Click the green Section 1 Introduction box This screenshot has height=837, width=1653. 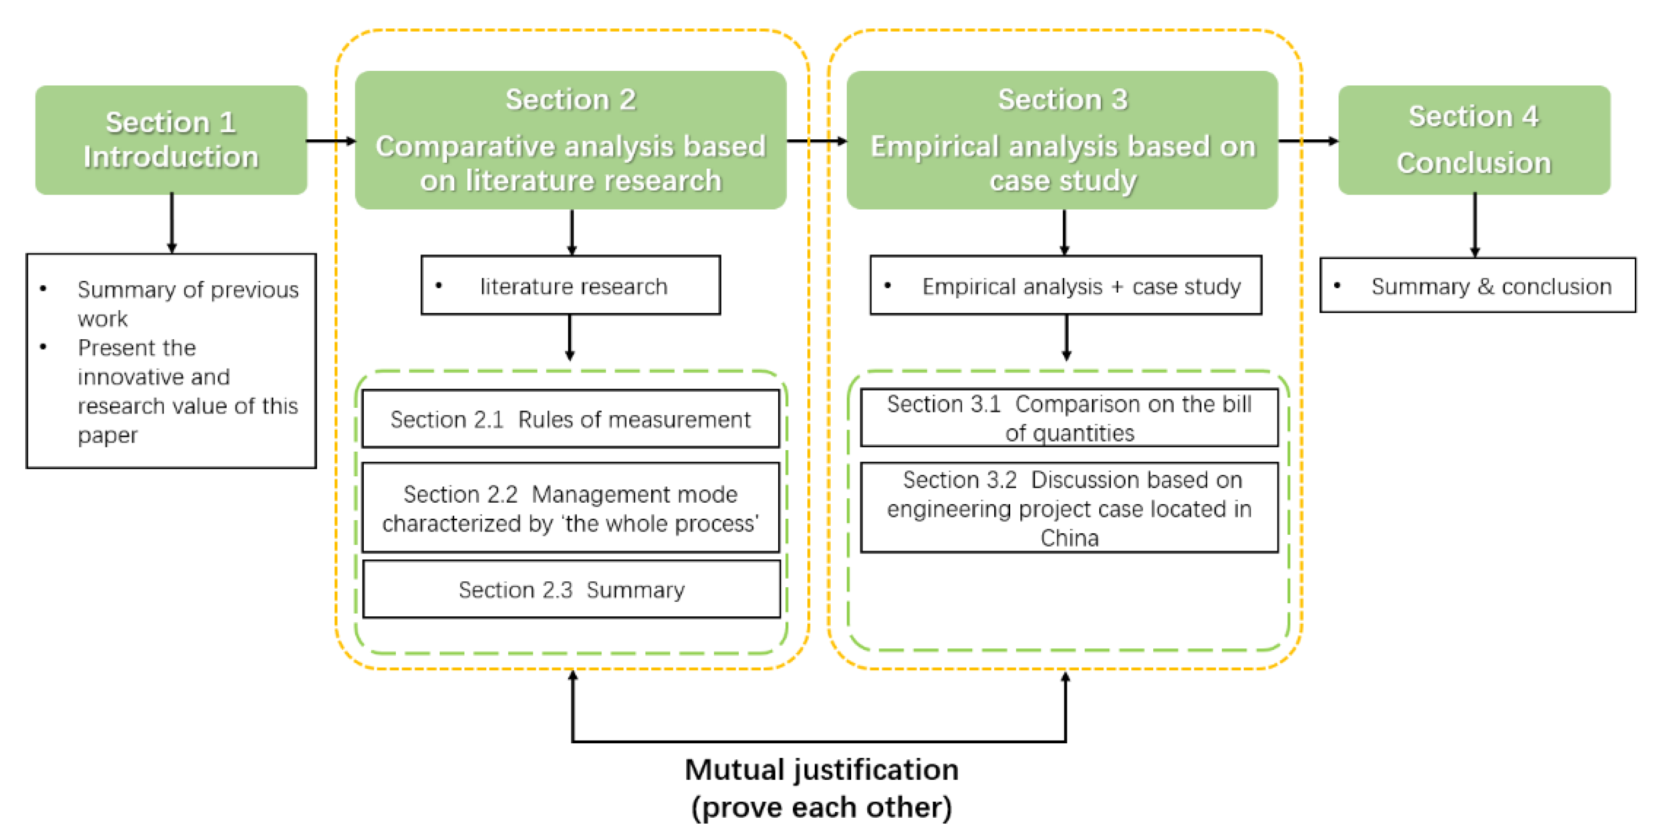pos(171,140)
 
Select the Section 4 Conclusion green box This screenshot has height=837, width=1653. pos(1474,140)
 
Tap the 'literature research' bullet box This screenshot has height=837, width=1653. pos(570,286)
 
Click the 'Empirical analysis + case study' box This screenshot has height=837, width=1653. pos(1065,286)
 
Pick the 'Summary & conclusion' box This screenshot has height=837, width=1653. pos(1477,286)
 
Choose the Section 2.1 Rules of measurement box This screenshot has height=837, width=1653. pos(570,419)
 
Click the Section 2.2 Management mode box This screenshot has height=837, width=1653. pos(570,508)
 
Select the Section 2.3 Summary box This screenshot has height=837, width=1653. pos(570,589)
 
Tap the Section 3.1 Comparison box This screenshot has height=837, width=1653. pos(1069,418)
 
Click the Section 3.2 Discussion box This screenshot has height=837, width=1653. pos(1069,508)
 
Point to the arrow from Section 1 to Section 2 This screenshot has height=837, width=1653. pos(330,140)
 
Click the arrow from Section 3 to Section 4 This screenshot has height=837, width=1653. pos(1308,140)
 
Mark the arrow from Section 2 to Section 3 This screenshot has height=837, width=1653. pos(816,140)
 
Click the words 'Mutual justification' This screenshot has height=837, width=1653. pos(821,769)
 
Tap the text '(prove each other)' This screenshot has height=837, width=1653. pos(821,807)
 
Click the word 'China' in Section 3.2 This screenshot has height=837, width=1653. pos(1069,538)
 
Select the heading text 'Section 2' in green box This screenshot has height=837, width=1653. pos(570,100)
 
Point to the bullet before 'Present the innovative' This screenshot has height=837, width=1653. pos(43,347)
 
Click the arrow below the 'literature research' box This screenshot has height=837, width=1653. pos(570,337)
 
